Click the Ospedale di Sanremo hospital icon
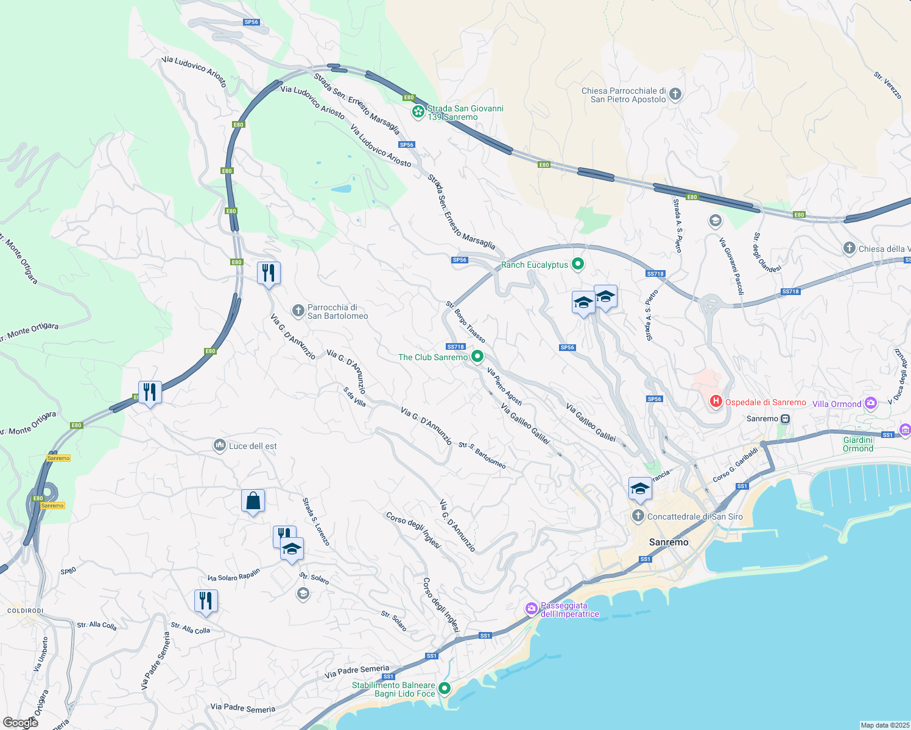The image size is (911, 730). click(716, 401)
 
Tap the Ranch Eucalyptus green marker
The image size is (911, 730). click(579, 264)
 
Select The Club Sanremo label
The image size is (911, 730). click(433, 357)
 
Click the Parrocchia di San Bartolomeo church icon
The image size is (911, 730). click(298, 311)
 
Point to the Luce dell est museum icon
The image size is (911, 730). click(219, 445)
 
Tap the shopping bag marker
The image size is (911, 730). click(253, 501)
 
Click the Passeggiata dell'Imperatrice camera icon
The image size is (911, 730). click(532, 608)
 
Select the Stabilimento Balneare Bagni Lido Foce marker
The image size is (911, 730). click(445, 689)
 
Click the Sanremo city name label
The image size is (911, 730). click(669, 542)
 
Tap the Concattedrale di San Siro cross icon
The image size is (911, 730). click(638, 516)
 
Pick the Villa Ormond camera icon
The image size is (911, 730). click(871, 403)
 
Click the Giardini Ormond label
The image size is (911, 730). click(858, 444)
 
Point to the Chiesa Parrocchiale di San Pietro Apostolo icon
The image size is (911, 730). click(675, 94)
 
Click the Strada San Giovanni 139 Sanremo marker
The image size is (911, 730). click(418, 111)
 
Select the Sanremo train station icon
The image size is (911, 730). click(786, 419)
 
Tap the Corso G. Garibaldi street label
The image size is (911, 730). click(735, 465)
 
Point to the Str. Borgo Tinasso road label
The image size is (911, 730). click(466, 321)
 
